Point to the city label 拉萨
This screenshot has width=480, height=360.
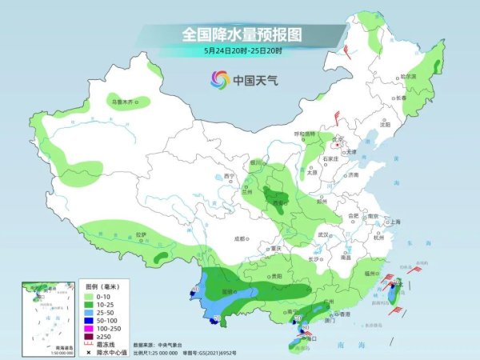pos(142,234)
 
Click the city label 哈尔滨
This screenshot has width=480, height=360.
pos(409,76)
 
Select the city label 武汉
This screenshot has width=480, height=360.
pos(324,235)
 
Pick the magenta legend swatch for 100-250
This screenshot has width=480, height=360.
pos(90,328)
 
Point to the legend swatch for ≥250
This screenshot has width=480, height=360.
pos(90,337)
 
